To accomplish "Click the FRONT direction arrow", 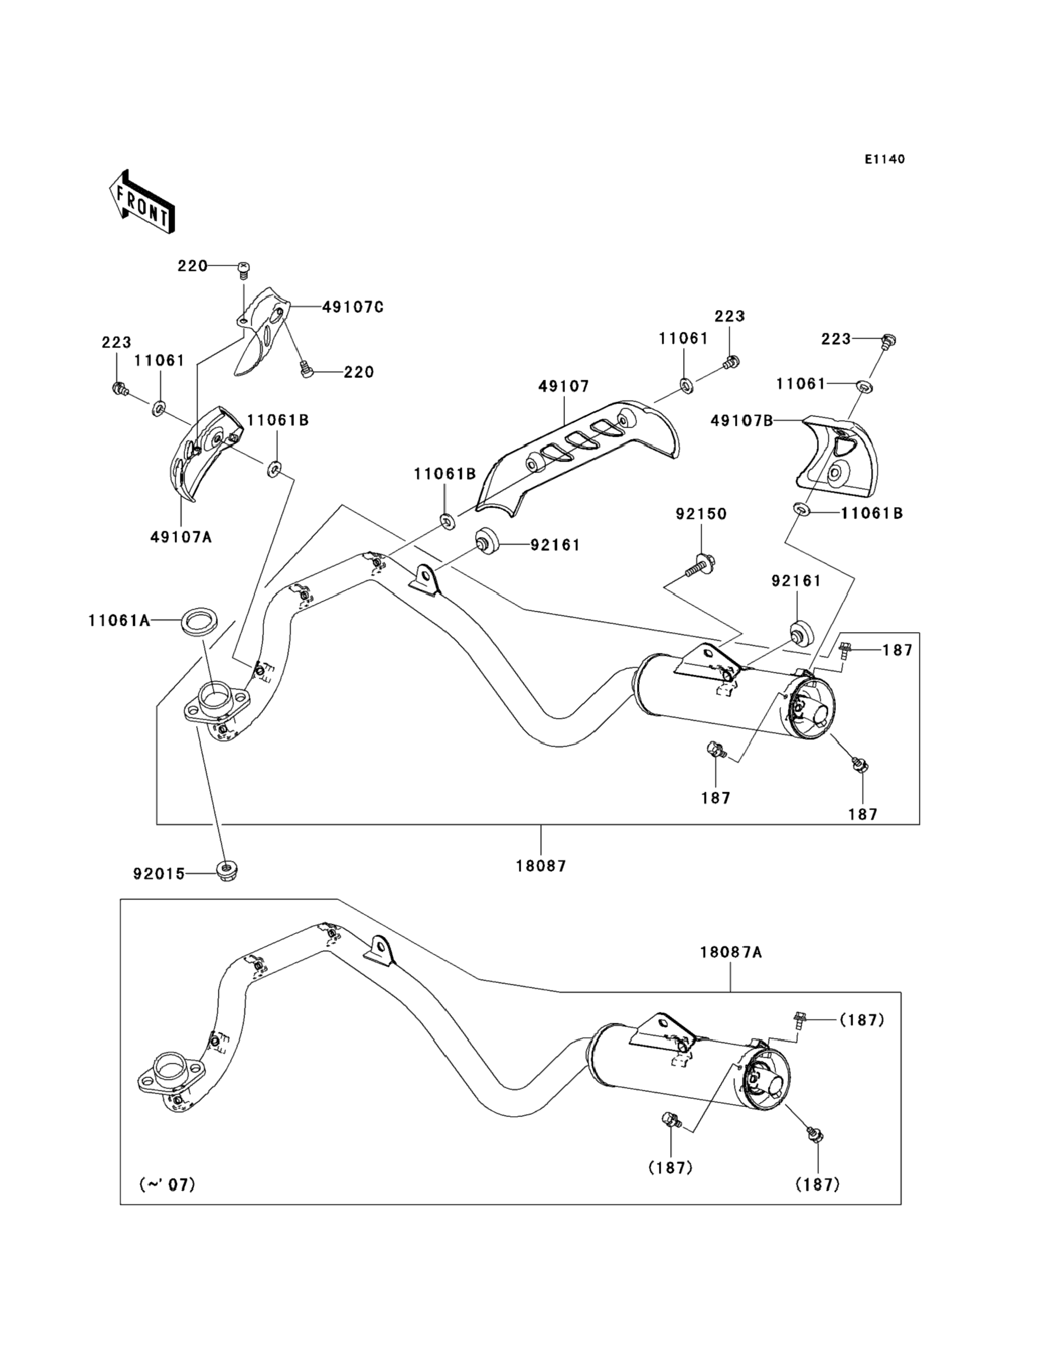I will (x=142, y=202).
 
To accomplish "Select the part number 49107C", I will (x=352, y=307).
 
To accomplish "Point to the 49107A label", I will (x=181, y=537).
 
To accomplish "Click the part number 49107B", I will (x=741, y=421).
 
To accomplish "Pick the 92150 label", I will (x=701, y=513).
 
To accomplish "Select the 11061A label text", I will (x=119, y=620).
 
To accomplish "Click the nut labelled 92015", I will (x=228, y=871).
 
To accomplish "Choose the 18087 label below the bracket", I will (x=541, y=866).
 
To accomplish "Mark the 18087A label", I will (x=730, y=952).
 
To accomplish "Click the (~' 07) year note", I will (x=167, y=1184).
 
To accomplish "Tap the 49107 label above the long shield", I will (x=563, y=386).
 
